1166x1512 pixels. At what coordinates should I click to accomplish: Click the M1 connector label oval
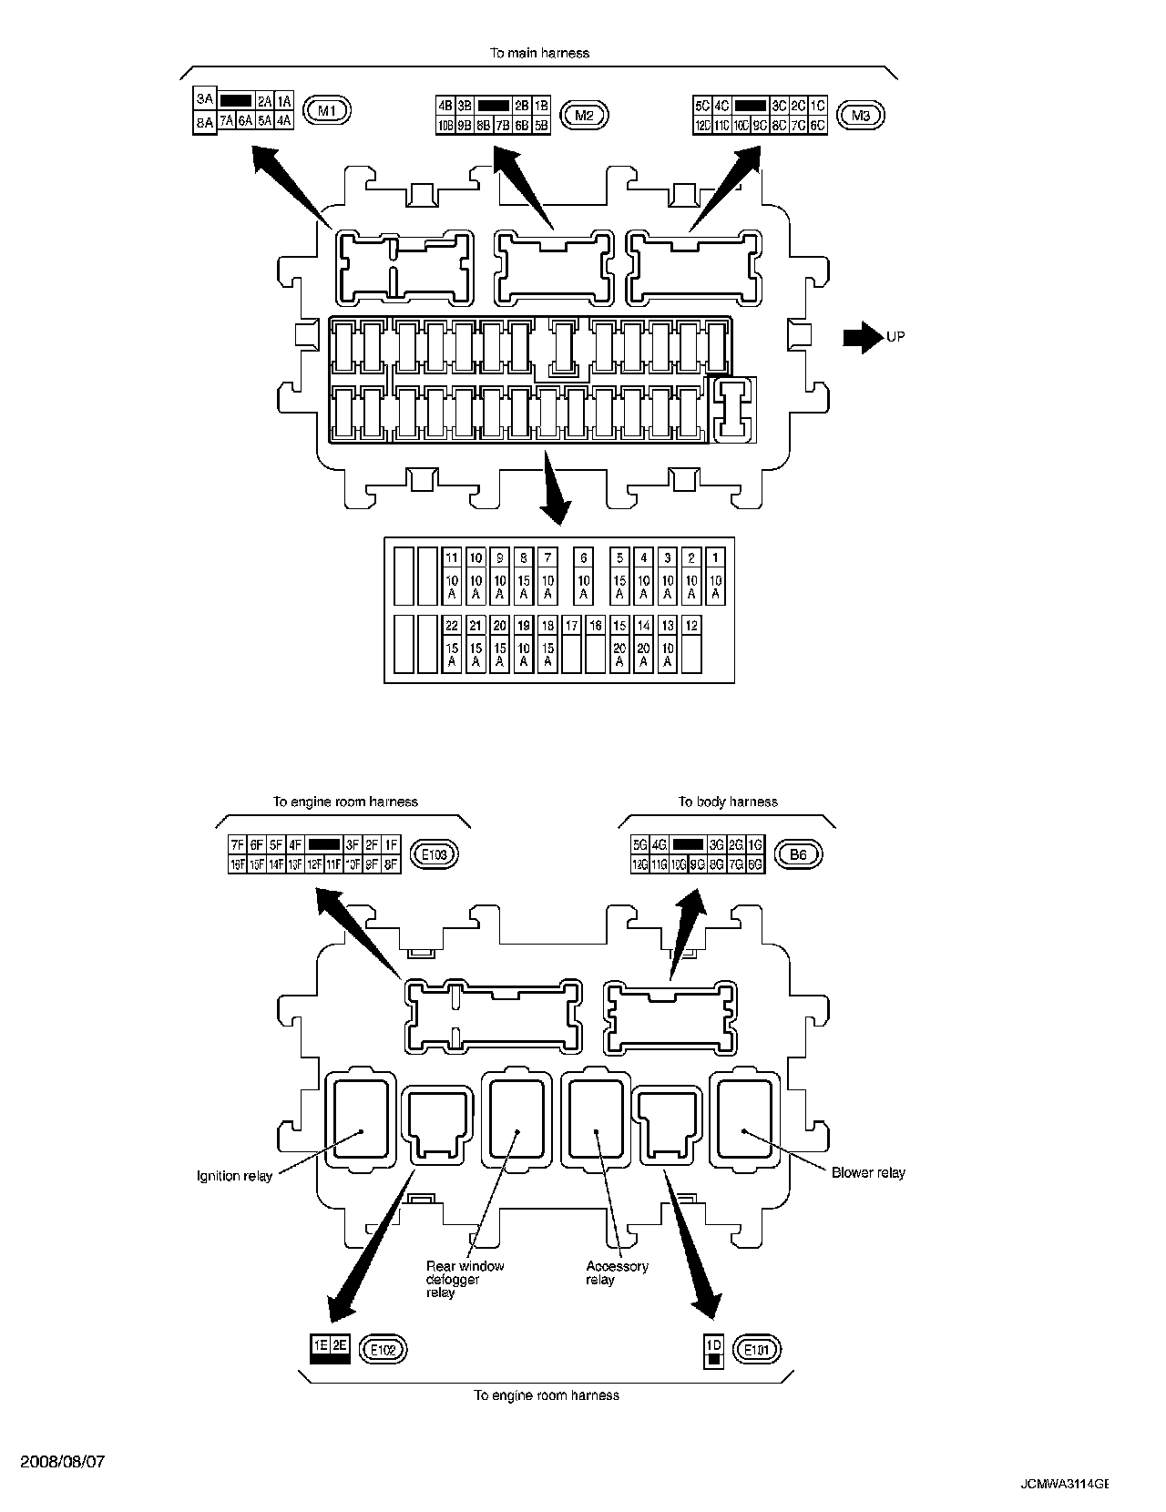coord(327,111)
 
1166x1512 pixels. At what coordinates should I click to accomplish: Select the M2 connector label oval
coord(584,115)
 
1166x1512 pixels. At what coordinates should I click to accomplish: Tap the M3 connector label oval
coord(860,115)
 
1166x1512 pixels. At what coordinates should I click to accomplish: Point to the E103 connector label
coord(434,854)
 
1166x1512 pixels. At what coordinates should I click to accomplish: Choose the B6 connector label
coord(798,854)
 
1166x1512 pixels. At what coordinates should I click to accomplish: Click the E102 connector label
coord(384,1349)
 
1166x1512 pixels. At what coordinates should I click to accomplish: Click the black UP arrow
coord(857,337)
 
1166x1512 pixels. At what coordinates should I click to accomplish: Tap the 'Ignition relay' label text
coord(234,1176)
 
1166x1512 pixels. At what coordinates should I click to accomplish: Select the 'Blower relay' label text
coord(868,1172)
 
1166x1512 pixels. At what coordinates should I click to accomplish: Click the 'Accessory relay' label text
coord(617,1272)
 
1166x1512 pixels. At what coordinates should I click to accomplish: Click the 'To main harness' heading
coord(539,53)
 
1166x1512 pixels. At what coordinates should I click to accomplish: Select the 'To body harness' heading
coord(728,802)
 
